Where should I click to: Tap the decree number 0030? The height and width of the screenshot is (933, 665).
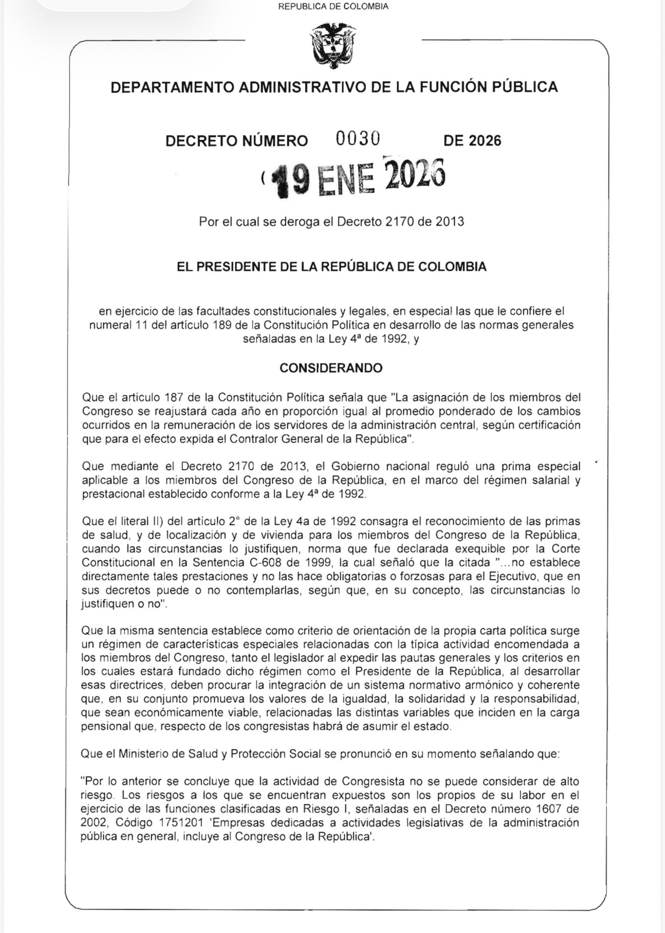(357, 139)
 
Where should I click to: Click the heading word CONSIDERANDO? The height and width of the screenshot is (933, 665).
(331, 368)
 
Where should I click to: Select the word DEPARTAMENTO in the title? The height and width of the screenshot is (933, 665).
(172, 87)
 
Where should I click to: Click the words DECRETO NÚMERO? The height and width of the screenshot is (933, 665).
(236, 141)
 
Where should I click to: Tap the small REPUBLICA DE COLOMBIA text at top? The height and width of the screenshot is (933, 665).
(333, 7)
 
